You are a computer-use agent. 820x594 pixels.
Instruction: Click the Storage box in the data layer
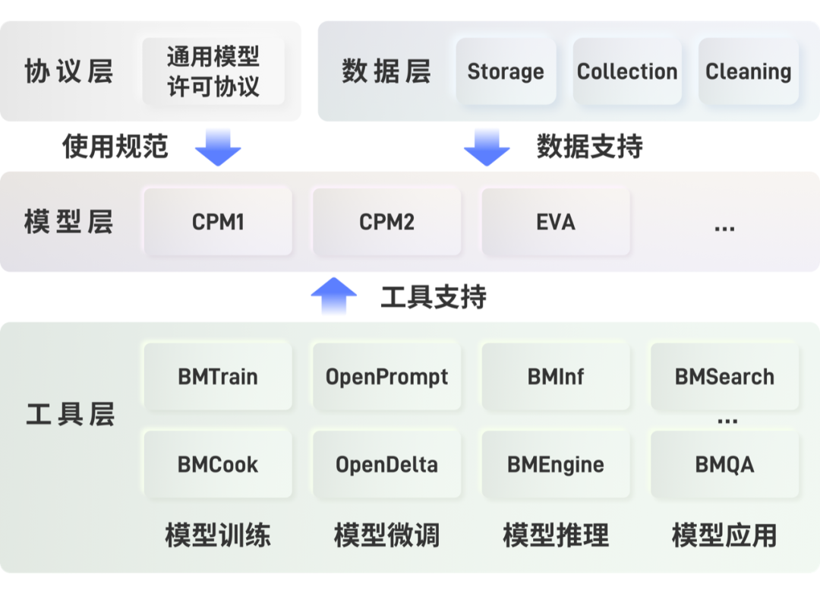pyautogui.click(x=506, y=71)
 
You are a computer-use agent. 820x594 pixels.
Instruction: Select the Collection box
pyautogui.click(x=627, y=71)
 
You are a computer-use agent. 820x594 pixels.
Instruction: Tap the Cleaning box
pyautogui.click(x=748, y=71)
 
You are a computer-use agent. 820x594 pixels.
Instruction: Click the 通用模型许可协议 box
pyautogui.click(x=213, y=71)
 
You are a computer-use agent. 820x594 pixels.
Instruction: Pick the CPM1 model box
pyautogui.click(x=218, y=222)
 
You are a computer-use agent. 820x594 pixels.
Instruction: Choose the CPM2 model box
pyautogui.click(x=386, y=222)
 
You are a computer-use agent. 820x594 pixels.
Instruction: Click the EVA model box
pyautogui.click(x=555, y=222)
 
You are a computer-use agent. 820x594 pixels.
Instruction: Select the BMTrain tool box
pyautogui.click(x=218, y=377)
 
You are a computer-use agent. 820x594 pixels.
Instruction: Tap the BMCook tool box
pyautogui.click(x=218, y=465)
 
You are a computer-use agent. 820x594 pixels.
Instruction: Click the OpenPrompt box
pyautogui.click(x=386, y=377)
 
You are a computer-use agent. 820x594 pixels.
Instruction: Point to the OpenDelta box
pyautogui.click(x=386, y=465)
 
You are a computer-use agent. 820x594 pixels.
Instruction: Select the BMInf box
pyautogui.click(x=555, y=377)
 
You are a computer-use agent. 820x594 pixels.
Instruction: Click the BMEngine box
pyautogui.click(x=555, y=465)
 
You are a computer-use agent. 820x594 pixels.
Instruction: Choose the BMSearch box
pyautogui.click(x=724, y=377)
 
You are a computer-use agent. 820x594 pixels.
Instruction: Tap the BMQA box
pyautogui.click(x=724, y=465)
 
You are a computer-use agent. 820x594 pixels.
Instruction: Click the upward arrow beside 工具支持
pyautogui.click(x=334, y=296)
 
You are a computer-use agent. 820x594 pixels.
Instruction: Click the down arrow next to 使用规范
pyautogui.click(x=218, y=147)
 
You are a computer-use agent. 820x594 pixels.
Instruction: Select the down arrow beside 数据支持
pyautogui.click(x=487, y=147)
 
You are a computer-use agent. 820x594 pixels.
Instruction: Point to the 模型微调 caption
pyautogui.click(x=386, y=536)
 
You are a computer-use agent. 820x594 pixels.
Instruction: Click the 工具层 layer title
pyautogui.click(x=70, y=415)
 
